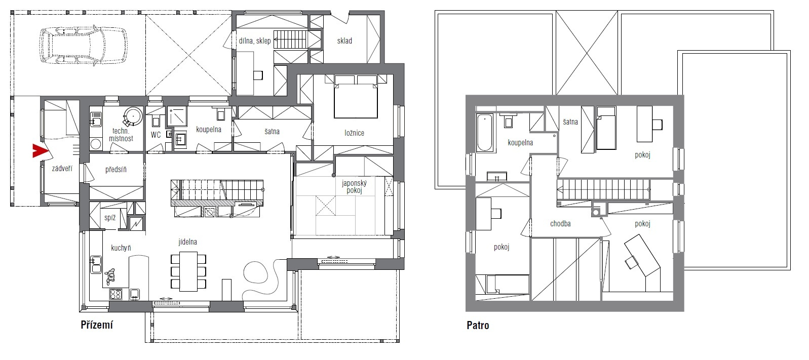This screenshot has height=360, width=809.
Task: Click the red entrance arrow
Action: (39, 151)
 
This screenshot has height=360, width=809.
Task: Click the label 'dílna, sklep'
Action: (255, 41)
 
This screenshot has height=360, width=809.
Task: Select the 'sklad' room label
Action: (344, 41)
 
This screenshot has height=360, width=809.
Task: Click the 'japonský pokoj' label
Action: (354, 187)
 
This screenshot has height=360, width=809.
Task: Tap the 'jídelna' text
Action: (187, 242)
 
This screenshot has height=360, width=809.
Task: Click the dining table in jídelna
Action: (188, 271)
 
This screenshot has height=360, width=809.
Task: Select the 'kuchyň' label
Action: (121, 248)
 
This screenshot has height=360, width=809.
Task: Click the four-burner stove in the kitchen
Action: (115, 294)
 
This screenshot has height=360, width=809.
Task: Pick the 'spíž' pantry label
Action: (110, 218)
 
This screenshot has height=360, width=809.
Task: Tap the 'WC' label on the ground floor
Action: (156, 135)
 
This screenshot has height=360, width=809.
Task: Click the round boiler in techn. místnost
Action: (133, 116)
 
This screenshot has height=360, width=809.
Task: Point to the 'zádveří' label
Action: (62, 169)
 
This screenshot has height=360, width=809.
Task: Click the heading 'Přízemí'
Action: (97, 325)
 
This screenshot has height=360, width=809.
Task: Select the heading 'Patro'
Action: (478, 326)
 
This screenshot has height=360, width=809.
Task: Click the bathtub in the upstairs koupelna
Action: (485, 133)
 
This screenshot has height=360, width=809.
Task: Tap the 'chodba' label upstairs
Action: (560, 224)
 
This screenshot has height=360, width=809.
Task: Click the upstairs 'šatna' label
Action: (570, 122)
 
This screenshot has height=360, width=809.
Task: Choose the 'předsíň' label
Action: (116, 169)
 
